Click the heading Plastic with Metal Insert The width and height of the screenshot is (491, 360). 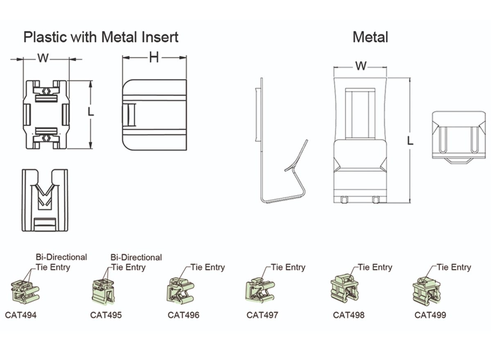pyautogui.click(x=101, y=37)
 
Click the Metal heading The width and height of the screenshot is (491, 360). pyautogui.click(x=370, y=37)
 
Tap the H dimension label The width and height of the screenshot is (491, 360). pyautogui.click(x=153, y=58)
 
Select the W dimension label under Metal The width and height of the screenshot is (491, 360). pyautogui.click(x=360, y=66)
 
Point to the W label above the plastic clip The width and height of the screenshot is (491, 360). pyautogui.click(x=43, y=58)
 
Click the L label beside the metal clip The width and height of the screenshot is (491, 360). pyautogui.click(x=410, y=141)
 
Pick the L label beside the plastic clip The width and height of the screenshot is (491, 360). pyautogui.click(x=91, y=112)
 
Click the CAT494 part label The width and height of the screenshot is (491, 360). pyautogui.click(x=20, y=315)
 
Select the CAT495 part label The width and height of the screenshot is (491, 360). pyautogui.click(x=106, y=315)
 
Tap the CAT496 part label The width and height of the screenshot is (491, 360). pyautogui.click(x=184, y=315)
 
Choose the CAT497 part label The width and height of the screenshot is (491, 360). pyautogui.click(x=262, y=315)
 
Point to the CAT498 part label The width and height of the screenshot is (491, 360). pyautogui.click(x=349, y=315)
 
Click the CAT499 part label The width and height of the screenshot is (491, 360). pyautogui.click(x=430, y=315)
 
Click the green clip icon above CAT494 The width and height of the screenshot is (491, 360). pyautogui.click(x=24, y=291)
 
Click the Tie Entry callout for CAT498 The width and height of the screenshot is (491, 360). pyautogui.click(x=375, y=268)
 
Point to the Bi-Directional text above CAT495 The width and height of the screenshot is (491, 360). pyautogui.click(x=136, y=258)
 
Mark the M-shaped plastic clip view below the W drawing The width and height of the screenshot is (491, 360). pyautogui.click(x=45, y=200)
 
